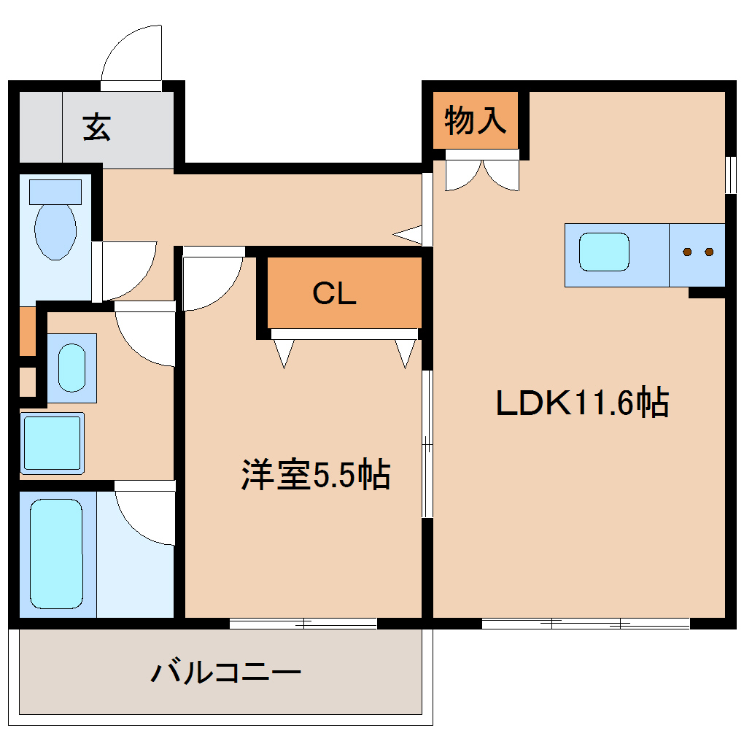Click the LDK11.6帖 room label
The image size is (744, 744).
[x=582, y=403]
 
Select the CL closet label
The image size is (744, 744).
[x=334, y=293]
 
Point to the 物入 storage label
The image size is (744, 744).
[x=476, y=120]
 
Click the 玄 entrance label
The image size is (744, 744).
[x=96, y=128]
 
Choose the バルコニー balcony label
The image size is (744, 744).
[x=225, y=672]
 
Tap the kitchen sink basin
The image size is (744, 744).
[x=604, y=252]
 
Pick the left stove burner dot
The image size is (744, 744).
[x=687, y=252]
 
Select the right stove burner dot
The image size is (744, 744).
[x=709, y=252]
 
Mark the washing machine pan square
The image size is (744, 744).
[x=52, y=442]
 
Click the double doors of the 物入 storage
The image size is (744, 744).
[x=482, y=174]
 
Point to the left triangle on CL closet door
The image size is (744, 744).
[x=283, y=352]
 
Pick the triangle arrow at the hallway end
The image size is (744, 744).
[x=408, y=234]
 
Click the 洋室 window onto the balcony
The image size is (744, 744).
[x=303, y=624]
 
